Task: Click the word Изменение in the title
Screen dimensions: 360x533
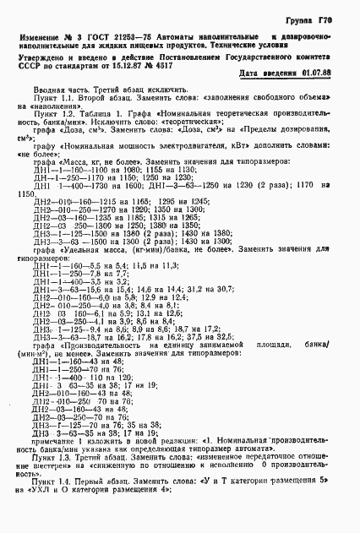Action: click(x=42, y=41)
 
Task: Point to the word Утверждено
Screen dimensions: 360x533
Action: click(x=39, y=62)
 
